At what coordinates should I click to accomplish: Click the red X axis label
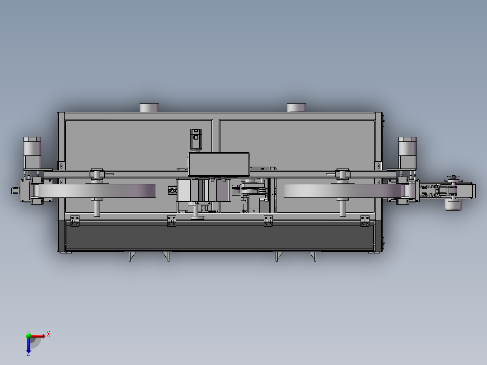tap(48, 334)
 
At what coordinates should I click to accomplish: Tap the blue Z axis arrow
tap(28, 345)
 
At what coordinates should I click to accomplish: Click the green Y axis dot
tap(28, 335)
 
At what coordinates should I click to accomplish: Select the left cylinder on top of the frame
tap(150, 108)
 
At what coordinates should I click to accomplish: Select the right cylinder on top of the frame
tap(297, 108)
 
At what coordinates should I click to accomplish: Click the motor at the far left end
tap(33, 153)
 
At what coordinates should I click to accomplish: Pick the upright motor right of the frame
tap(407, 153)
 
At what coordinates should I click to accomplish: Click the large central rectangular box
tap(219, 164)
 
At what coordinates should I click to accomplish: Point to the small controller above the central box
tap(196, 139)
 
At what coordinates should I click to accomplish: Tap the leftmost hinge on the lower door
tap(75, 221)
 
